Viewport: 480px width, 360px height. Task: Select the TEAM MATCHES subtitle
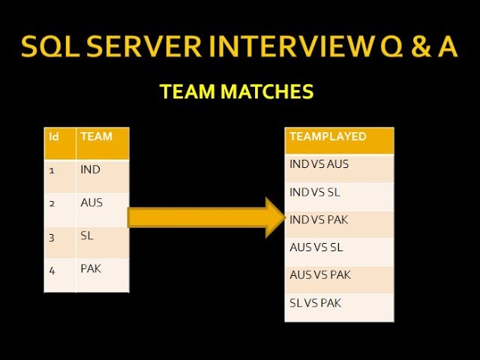coord(236,92)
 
